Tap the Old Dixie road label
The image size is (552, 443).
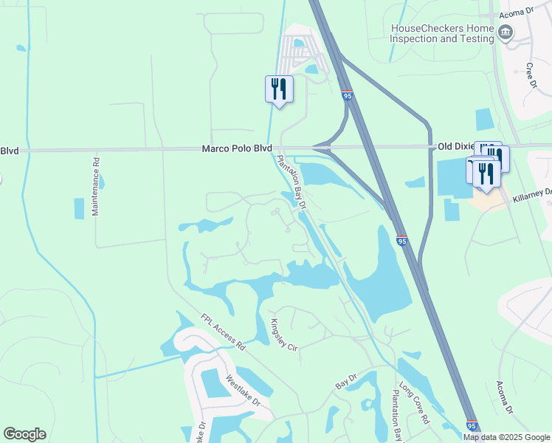pos(455,147)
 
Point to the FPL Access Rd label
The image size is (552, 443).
pos(221,332)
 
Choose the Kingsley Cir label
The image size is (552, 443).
pos(283,334)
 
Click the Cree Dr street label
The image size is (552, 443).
pos(530,76)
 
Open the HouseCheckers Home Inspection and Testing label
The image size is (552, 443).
pos(442,33)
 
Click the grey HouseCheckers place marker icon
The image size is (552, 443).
pos(506,32)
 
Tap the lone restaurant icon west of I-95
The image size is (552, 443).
pos(279,89)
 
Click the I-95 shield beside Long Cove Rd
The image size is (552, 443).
pos(472,425)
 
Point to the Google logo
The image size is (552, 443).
pos(24,434)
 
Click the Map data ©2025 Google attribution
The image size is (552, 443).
pos(506,437)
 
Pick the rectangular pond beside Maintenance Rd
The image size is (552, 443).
pos(79,209)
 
